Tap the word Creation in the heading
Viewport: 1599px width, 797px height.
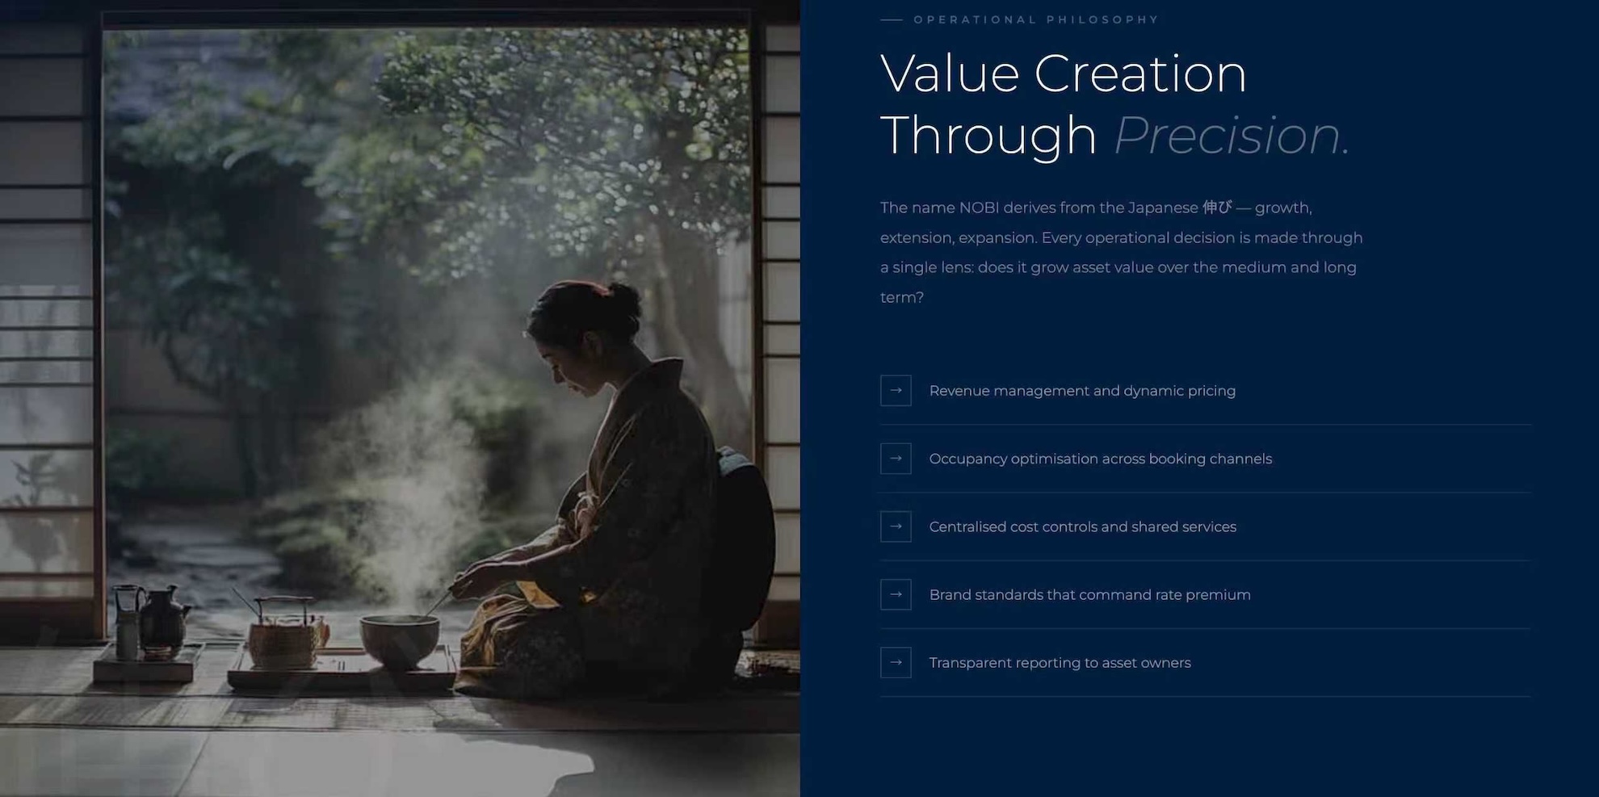coord(1140,73)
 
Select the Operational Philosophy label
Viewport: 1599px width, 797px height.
coord(1036,19)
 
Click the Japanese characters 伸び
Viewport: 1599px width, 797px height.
coord(1217,208)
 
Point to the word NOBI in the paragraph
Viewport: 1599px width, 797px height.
coord(979,208)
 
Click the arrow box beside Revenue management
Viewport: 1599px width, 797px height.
coord(896,391)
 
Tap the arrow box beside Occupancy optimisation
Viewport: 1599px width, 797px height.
coord(896,459)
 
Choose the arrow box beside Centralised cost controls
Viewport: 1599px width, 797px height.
coord(896,526)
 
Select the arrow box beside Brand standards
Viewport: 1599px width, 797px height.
coord(896,594)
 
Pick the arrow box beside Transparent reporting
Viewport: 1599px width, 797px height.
coord(896,662)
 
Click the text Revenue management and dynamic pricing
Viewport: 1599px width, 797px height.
coord(1082,391)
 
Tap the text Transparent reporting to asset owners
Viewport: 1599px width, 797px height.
coord(1060,663)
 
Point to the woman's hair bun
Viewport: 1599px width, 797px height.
coord(623,300)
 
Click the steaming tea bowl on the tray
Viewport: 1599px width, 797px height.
coord(399,640)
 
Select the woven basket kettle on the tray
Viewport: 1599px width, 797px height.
coord(283,634)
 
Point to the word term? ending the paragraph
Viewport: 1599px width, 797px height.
coord(902,297)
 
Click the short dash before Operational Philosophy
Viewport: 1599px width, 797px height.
coord(892,20)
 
